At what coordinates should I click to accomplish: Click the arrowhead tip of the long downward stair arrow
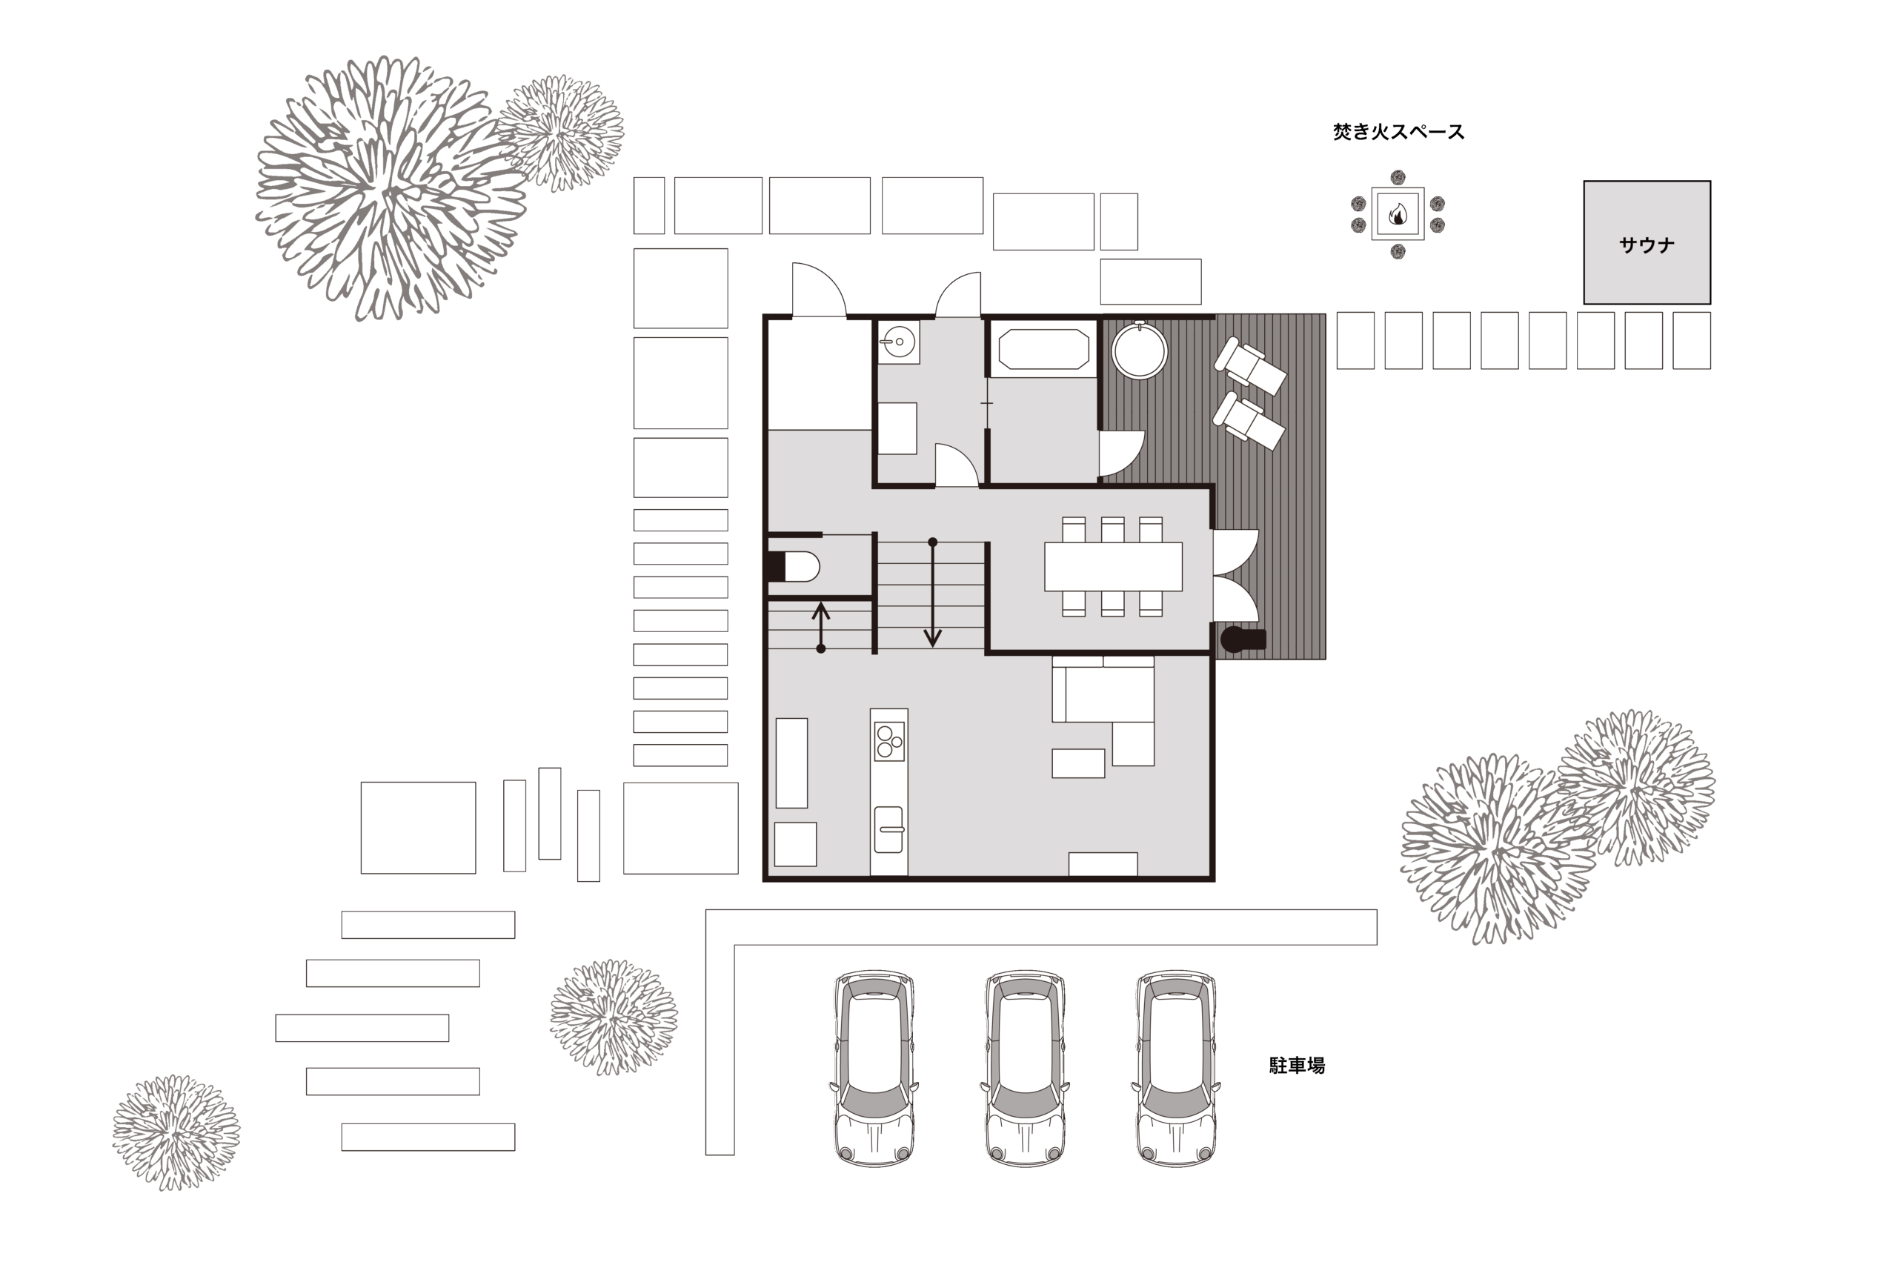pyautogui.click(x=932, y=647)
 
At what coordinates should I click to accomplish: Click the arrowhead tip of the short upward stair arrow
pyautogui.click(x=821, y=602)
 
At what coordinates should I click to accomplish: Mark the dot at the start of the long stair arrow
pyautogui.click(x=932, y=542)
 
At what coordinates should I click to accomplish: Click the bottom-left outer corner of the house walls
pyautogui.click(x=763, y=881)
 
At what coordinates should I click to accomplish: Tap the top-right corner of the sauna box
pyautogui.click(x=1711, y=181)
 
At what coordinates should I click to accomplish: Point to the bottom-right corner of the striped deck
pyautogui.click(x=1326, y=659)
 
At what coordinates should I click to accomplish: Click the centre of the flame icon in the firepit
pyautogui.click(x=1398, y=213)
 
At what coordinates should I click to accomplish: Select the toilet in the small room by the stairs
pyautogui.click(x=793, y=566)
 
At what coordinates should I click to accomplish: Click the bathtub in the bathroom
pyautogui.click(x=1043, y=349)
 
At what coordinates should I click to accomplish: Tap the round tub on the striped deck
pyautogui.click(x=1139, y=350)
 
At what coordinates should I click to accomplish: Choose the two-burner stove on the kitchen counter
pyautogui.click(x=888, y=740)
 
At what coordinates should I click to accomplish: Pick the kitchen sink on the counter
pyautogui.click(x=888, y=829)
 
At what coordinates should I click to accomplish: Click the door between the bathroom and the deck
pyautogui.click(x=1121, y=454)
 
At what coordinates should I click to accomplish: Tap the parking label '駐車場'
pyautogui.click(x=1297, y=1065)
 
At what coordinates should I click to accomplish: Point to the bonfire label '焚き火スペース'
pyautogui.click(x=1398, y=131)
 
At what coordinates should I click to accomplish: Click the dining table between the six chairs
pyautogui.click(x=1113, y=566)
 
